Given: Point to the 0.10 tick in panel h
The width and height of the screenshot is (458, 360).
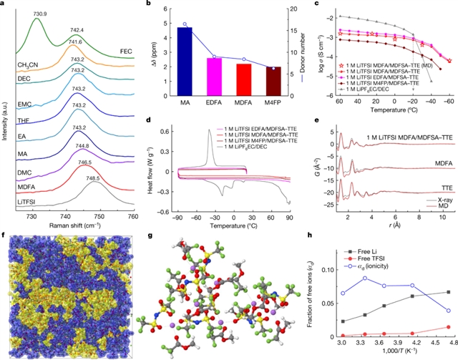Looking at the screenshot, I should [327, 270].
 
